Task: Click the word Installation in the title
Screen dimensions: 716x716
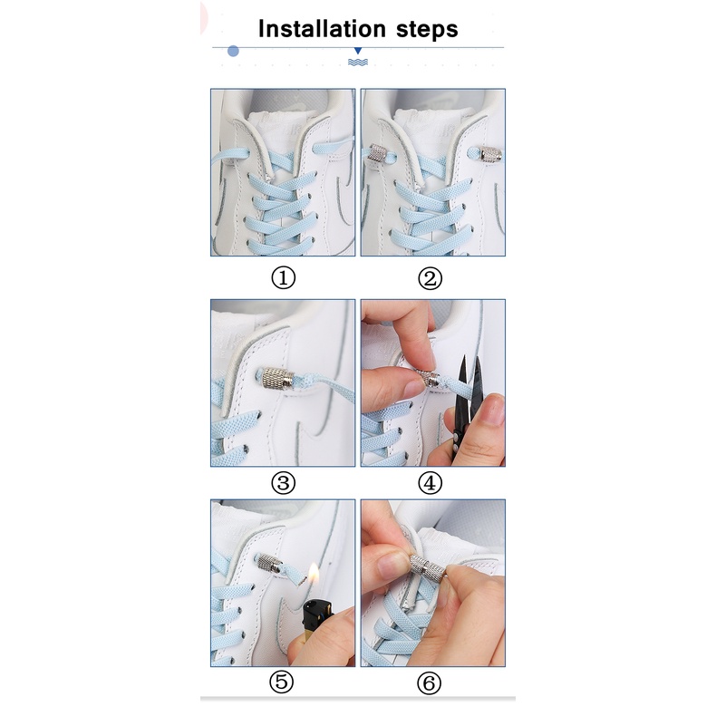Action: pos(322,29)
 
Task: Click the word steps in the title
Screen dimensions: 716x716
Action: pos(427,30)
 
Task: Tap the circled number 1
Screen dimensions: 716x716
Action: pos(283,277)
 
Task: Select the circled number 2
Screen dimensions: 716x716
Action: pos(431,278)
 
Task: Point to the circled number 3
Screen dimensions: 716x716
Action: pos(283,483)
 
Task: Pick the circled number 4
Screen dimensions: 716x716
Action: pos(431,483)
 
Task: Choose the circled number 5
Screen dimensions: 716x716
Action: pos(281,682)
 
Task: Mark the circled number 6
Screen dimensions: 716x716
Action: pos(430,683)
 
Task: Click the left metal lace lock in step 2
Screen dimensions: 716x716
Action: pos(377,153)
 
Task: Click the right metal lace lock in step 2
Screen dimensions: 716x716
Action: pos(490,154)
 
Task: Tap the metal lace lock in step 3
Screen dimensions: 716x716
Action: pos(277,378)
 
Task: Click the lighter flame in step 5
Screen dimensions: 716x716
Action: pos(314,575)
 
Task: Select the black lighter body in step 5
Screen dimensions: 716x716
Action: pos(318,616)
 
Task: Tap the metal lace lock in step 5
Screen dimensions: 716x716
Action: pos(269,565)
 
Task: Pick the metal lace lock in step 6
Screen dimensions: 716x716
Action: pos(428,568)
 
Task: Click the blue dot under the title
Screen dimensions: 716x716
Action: pos(233,51)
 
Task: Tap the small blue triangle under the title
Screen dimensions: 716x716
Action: pos(358,51)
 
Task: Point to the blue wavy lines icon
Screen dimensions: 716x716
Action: pos(358,63)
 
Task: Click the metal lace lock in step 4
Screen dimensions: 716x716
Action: pos(430,379)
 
